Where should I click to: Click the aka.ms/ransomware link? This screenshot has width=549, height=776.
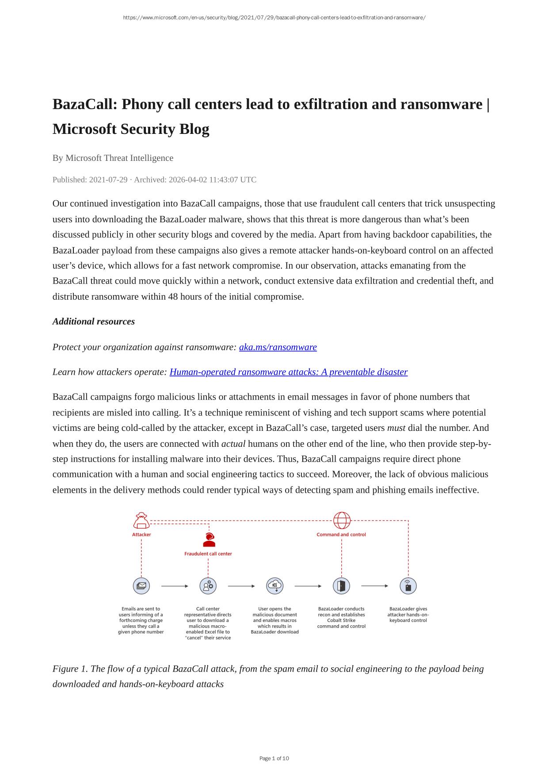coord(278,347)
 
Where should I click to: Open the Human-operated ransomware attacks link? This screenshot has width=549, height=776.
coord(288,372)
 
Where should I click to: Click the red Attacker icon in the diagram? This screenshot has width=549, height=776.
coord(141,521)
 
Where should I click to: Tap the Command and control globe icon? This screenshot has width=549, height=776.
coord(342,521)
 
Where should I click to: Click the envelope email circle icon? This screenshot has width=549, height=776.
coord(141,586)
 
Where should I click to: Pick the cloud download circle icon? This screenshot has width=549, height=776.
coord(275,586)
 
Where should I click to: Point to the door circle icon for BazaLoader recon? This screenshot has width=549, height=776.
coord(341,586)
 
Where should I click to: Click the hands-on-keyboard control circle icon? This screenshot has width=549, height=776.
coord(408,586)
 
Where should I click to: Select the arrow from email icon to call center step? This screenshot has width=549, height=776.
coord(175,586)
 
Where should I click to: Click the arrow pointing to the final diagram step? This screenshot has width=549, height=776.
coord(374,586)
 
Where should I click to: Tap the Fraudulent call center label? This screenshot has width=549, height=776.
coord(208,554)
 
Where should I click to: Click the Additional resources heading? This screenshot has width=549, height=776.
coord(94,322)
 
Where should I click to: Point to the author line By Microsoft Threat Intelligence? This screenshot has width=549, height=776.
coord(113,158)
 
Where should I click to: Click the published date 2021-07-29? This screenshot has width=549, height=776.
coord(108,180)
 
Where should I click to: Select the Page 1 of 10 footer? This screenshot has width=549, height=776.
coord(274,758)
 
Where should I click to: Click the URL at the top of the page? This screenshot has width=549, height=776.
coord(274,18)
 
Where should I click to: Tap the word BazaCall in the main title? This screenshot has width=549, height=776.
coord(84,105)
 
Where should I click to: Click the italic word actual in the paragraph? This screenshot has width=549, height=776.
coord(233,444)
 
